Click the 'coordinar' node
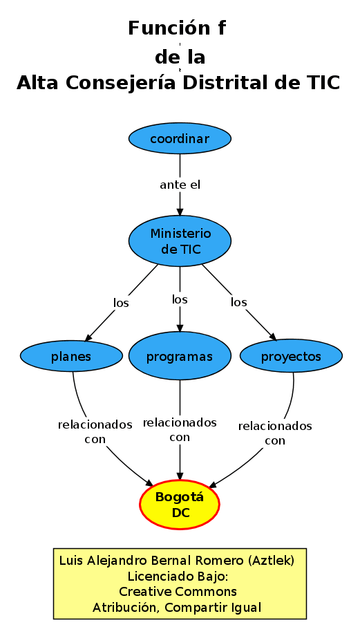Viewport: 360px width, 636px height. tap(180, 139)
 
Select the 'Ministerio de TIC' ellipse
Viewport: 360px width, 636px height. tap(180, 241)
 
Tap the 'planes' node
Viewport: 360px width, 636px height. tap(71, 357)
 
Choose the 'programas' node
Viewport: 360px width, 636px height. tap(180, 357)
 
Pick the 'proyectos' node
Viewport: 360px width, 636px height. tap(291, 357)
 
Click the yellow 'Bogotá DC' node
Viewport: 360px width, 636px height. tap(180, 505)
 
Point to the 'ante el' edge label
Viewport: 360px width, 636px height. tap(180, 185)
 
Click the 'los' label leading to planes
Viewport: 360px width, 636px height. tap(121, 302)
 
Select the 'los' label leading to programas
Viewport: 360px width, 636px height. tap(180, 299)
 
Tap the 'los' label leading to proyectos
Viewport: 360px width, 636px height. tap(238, 302)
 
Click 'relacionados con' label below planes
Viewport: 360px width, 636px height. tap(95, 431)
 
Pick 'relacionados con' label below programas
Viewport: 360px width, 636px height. tap(180, 429)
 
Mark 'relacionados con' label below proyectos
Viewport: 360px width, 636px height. tap(275, 433)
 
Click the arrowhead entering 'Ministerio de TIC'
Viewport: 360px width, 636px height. tap(180, 211)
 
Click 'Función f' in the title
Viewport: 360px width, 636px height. tap(178, 28)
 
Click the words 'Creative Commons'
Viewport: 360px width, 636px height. tap(178, 592)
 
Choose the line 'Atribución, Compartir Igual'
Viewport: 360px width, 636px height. tap(178, 608)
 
